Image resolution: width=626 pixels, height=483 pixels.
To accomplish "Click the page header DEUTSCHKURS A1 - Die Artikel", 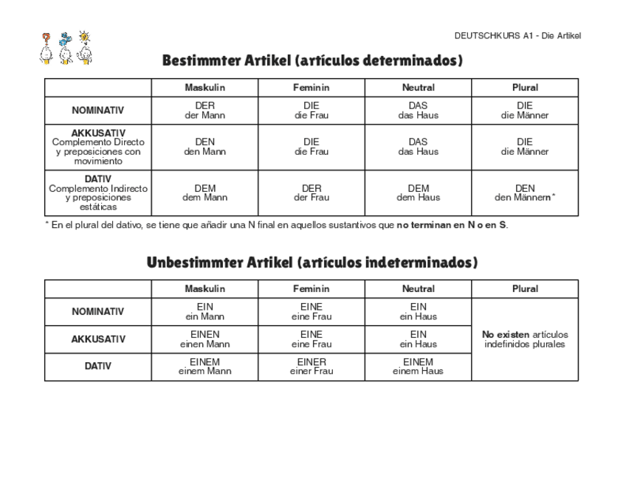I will tap(517, 35).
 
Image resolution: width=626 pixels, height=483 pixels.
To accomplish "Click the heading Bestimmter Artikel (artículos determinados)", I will tap(312, 60).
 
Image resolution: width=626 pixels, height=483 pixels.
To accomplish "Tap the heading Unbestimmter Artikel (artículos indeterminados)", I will tap(312, 263).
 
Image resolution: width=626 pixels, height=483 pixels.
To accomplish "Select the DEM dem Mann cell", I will tap(205, 193).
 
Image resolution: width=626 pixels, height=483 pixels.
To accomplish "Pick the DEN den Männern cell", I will tap(525, 193).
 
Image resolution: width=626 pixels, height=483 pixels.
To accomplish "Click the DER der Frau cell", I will tap(312, 193).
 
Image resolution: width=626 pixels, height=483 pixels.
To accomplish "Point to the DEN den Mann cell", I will tap(205, 147).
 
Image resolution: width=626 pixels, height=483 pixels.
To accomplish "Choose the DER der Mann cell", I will tap(205, 111).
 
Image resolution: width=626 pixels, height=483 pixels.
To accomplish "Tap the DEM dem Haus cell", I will tap(419, 193).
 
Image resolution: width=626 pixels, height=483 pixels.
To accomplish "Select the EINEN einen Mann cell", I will tap(205, 339).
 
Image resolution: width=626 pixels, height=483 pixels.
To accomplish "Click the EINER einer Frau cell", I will tap(312, 366).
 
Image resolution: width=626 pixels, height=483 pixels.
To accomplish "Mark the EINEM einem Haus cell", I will tap(419, 366).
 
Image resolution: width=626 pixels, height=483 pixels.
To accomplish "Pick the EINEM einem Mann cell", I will tap(205, 366).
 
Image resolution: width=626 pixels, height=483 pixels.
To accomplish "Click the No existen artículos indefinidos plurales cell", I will tap(525, 339).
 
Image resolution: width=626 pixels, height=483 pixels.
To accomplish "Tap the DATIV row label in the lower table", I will tap(98, 366).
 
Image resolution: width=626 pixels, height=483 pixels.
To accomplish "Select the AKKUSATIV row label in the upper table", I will tap(98, 147).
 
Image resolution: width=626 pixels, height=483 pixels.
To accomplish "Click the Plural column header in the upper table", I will tap(525, 87).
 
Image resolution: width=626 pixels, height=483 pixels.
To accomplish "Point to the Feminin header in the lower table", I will tap(312, 289).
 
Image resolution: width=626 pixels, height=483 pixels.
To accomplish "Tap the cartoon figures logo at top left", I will tap(66, 49).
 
